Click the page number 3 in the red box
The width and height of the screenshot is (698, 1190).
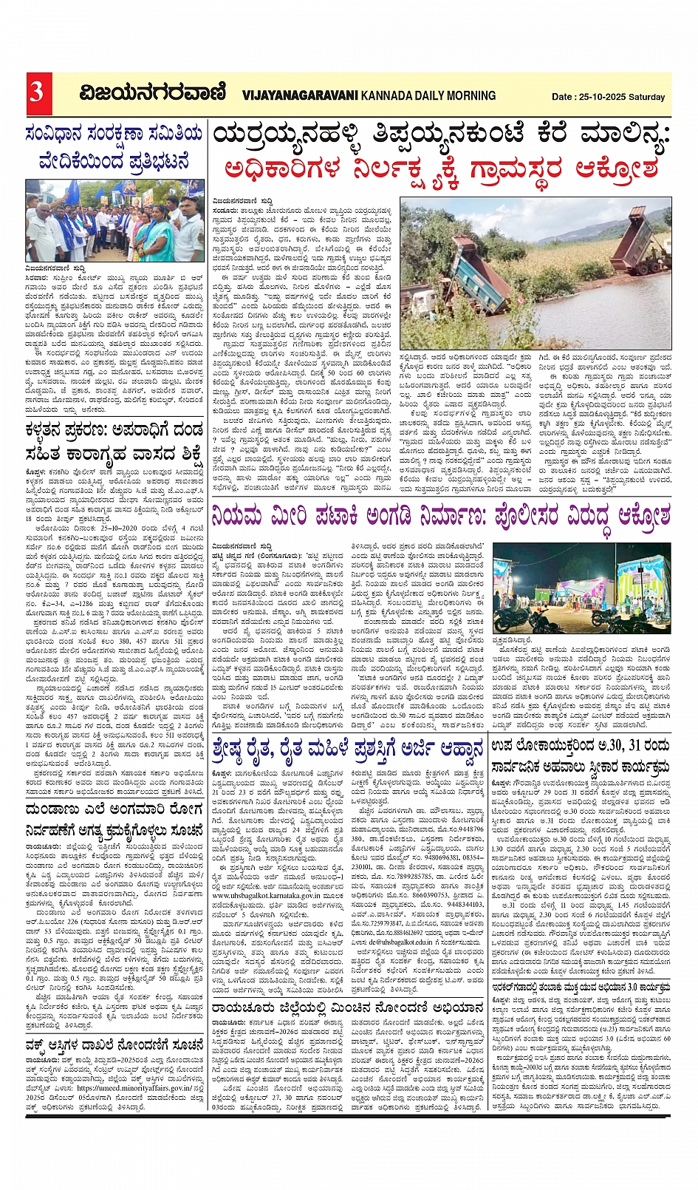click(37, 92)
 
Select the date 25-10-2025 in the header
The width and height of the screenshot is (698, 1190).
click(601, 97)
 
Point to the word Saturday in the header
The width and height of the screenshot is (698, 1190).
click(648, 97)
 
